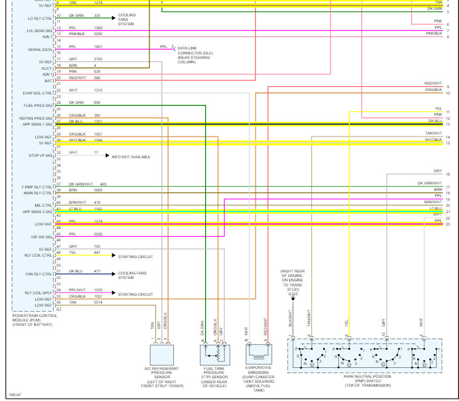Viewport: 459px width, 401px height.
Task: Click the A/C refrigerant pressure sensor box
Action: coord(162,355)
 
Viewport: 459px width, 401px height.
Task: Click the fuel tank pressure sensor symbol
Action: coord(213,355)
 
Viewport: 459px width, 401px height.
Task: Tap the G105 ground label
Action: coord(293,294)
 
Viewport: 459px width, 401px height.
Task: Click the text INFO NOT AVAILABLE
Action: coord(131,157)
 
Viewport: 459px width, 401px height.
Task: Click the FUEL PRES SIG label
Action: coord(38,105)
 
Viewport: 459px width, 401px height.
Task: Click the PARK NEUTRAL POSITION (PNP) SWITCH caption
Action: coord(367,381)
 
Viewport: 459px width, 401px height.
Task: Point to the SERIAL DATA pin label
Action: coord(40,49)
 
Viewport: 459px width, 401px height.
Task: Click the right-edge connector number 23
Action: coord(448,224)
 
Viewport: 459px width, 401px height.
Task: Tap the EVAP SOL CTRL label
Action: coord(38,93)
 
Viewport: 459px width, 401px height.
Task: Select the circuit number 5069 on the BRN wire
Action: coord(99,190)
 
